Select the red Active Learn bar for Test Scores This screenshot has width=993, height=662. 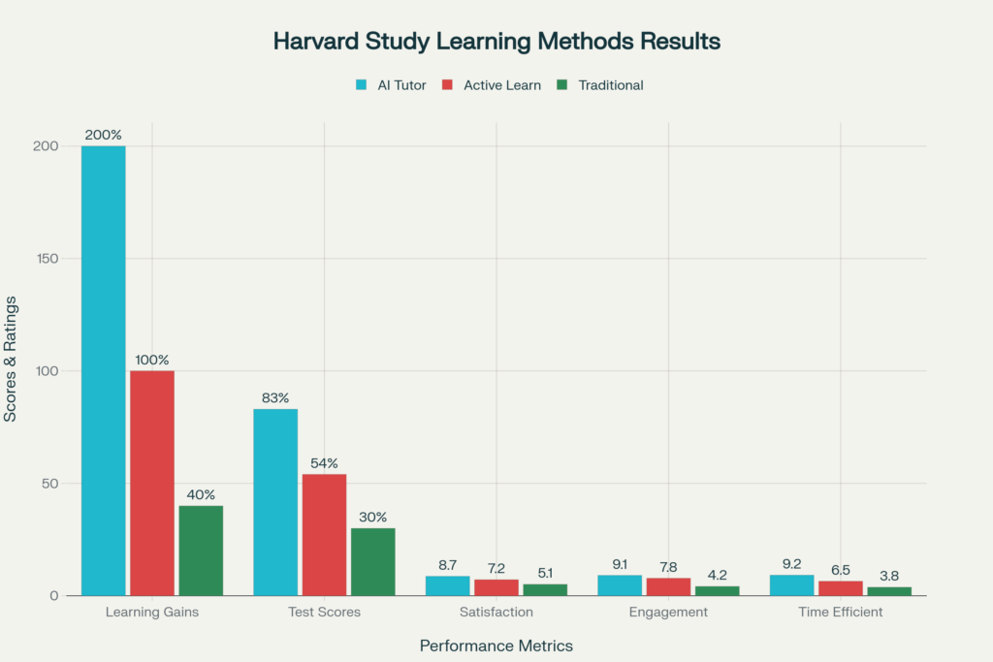click(324, 534)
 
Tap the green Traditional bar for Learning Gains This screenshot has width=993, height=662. click(201, 550)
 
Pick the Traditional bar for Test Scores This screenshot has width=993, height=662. click(373, 561)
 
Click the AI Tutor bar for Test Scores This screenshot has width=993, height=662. click(275, 502)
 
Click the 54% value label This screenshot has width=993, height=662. click(324, 463)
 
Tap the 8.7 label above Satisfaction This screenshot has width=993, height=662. click(447, 565)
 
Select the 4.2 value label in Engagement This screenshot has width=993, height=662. click(718, 575)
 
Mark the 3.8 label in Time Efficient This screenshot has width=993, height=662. click(889, 576)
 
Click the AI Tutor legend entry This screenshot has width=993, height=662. click(390, 85)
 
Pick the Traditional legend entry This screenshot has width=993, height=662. click(600, 85)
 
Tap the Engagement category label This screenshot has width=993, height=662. click(668, 612)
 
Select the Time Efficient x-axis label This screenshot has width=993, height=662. click(841, 612)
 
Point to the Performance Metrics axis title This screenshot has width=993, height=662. click(496, 646)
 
